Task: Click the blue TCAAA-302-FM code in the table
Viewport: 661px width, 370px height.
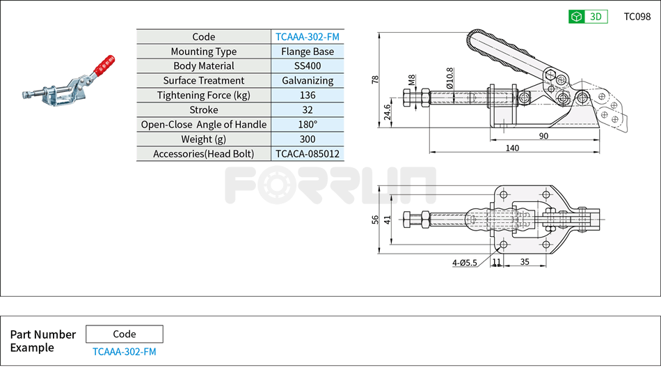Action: click(307, 37)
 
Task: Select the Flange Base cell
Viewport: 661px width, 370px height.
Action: click(307, 52)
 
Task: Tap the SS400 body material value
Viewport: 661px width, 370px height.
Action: click(307, 66)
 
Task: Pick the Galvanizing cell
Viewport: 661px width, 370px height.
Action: click(307, 81)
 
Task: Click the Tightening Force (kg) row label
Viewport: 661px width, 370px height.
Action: click(203, 95)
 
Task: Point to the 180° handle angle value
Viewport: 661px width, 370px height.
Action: click(307, 125)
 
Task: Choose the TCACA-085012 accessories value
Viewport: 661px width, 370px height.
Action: click(307, 154)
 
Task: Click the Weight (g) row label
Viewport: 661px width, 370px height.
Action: click(203, 139)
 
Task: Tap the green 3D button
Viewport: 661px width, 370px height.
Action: click(588, 17)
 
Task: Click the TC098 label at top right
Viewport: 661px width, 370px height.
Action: click(637, 17)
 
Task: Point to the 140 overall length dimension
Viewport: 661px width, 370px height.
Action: click(512, 148)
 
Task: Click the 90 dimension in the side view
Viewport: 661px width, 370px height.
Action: click(543, 136)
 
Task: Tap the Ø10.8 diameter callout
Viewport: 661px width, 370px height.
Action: click(449, 76)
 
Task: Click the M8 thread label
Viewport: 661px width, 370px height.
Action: click(412, 80)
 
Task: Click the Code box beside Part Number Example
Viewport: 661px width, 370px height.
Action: click(124, 334)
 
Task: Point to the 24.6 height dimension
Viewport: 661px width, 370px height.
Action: click(388, 111)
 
